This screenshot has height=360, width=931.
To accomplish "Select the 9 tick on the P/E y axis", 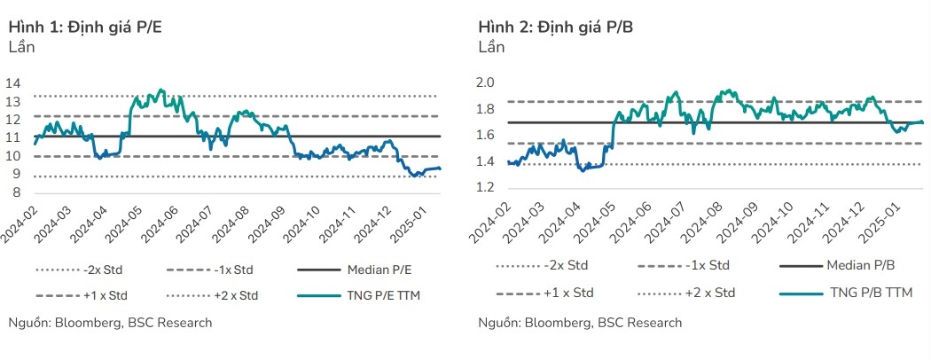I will pos(16,175).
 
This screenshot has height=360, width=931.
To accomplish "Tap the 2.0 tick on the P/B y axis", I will pos(485,82).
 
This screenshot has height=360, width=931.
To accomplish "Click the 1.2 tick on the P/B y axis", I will pos(485,188).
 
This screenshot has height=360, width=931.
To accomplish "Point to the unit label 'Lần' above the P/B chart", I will pos(491,47).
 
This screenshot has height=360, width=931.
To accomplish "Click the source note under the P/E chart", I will pos(111,322).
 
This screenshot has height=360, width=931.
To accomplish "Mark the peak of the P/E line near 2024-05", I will pos(160,90).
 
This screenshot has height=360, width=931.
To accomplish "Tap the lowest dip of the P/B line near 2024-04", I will pos(583,169).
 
